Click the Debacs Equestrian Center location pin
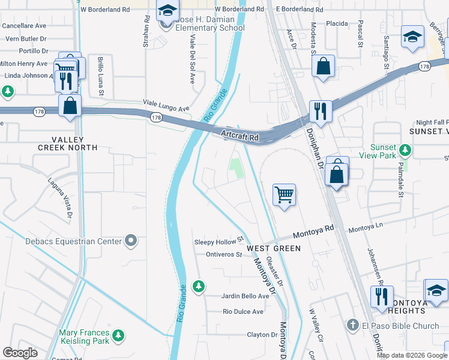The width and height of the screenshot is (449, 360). pos(131,241)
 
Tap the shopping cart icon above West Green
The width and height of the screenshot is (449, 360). pos(284,194)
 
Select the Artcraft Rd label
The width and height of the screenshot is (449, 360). pos(240,136)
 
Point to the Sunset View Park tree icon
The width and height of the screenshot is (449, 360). pos(406,149)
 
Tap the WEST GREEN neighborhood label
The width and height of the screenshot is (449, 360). pos(268,248)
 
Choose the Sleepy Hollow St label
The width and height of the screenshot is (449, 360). pos(217,242)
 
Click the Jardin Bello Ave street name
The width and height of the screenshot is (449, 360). pos(246,296)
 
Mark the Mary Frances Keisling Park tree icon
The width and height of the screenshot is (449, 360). pos(119,335)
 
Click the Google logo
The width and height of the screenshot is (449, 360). pos(20,353)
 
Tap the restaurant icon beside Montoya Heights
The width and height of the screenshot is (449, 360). pos(381,296)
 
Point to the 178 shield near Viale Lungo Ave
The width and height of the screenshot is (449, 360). pos(156,117)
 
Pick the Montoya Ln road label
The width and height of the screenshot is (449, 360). pos(366,229)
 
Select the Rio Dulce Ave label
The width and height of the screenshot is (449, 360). pos(243,312)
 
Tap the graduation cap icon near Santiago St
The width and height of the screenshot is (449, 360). pos(412,38)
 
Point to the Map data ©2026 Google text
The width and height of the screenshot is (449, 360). pos(412,355)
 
